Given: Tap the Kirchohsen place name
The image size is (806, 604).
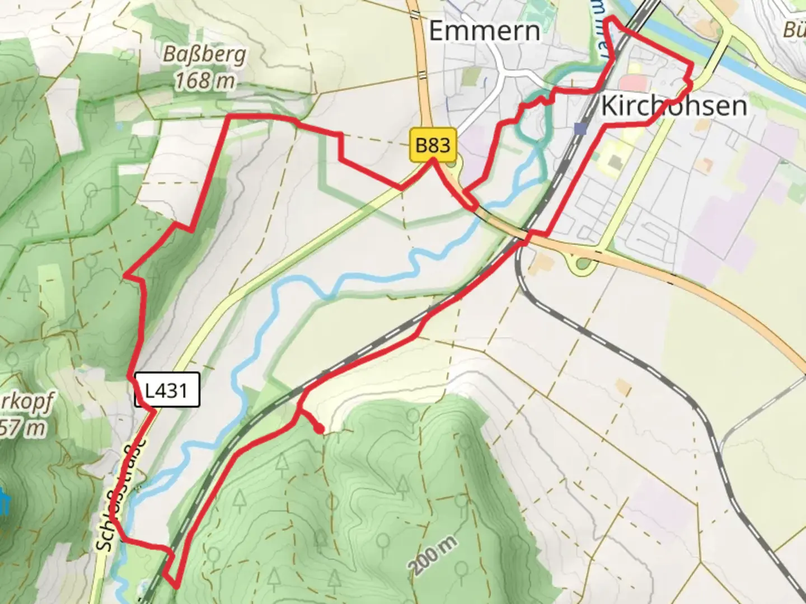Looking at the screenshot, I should click(674, 106).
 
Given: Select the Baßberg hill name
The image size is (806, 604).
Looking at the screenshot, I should click(204, 55).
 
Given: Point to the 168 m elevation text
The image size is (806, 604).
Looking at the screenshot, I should click(204, 81).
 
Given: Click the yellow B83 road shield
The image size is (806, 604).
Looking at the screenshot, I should click(433, 145).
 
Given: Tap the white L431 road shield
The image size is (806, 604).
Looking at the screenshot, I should click(167, 389).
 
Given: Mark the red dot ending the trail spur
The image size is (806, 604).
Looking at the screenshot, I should click(318, 430).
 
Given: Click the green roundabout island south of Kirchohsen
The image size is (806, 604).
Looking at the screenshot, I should click(582, 264).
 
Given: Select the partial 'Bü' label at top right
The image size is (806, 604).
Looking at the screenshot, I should click(794, 29).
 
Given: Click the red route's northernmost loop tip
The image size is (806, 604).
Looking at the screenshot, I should click(612, 20).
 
